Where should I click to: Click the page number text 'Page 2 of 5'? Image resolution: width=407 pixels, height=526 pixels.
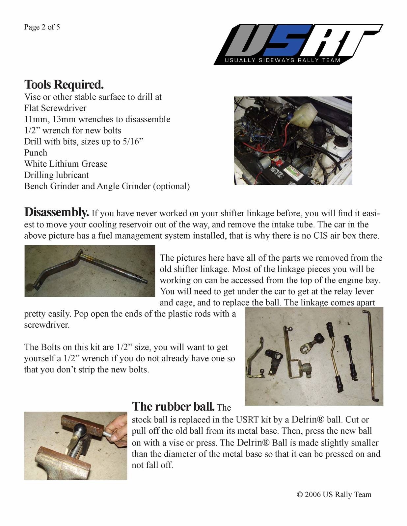tap(42, 27)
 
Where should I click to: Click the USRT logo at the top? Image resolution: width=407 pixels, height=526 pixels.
tap(298, 44)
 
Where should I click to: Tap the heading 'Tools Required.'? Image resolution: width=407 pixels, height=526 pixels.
tap(64, 85)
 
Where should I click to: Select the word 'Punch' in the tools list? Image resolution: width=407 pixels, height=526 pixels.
tap(36, 153)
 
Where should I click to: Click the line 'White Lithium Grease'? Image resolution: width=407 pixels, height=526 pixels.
tap(66, 164)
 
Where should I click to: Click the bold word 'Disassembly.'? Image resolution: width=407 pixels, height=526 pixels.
tap(56, 212)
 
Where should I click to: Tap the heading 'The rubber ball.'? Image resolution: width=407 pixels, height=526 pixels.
tap(173, 407)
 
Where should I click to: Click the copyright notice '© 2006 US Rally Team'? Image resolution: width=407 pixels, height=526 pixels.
tap(334, 494)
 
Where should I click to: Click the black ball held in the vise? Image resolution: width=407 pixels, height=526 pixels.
tap(81, 429)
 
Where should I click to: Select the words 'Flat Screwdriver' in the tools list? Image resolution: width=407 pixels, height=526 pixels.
tap(55, 108)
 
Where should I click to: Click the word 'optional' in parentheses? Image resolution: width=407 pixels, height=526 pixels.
tap(171, 186)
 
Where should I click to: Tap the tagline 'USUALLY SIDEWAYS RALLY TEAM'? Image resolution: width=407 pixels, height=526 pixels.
tap(282, 60)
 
